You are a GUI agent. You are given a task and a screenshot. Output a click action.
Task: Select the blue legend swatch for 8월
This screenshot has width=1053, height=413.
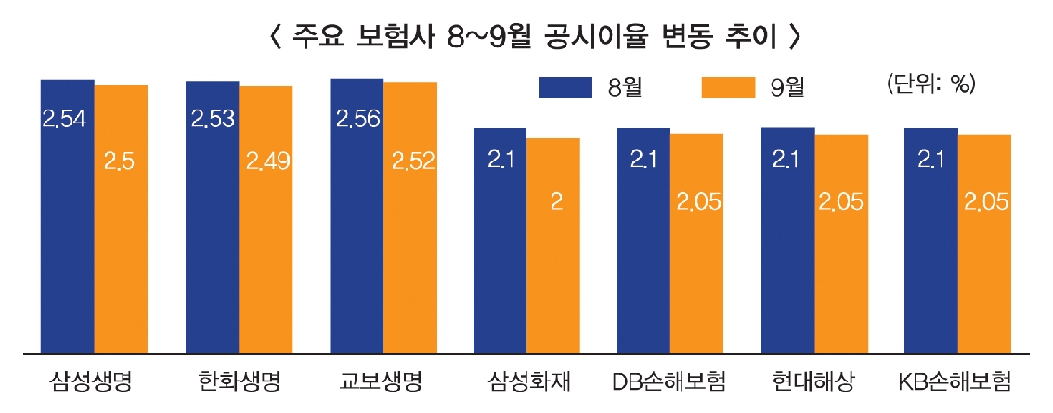click(x=565, y=86)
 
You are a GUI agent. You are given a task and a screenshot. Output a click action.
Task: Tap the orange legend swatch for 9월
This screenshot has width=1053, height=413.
click(x=728, y=86)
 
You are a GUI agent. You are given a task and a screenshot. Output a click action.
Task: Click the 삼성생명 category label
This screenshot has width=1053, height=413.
click(x=93, y=381)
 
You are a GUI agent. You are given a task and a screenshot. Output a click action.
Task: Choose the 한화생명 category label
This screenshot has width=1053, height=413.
click(x=239, y=381)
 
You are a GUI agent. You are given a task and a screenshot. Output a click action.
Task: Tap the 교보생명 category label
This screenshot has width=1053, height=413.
click(x=383, y=381)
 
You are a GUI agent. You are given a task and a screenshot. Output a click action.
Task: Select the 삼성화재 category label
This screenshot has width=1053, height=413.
click(x=528, y=381)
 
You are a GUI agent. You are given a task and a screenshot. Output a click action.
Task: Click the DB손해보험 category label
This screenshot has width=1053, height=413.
click(x=669, y=381)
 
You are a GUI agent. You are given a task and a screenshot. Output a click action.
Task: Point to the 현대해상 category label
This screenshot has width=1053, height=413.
click(x=813, y=381)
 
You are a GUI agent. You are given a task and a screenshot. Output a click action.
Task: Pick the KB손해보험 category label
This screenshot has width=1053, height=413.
click(x=956, y=381)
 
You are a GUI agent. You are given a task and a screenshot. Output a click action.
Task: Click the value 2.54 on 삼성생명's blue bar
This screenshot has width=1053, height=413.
click(x=66, y=119)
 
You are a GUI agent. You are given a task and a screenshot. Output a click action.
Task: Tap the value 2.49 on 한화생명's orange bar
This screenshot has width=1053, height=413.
click(x=267, y=161)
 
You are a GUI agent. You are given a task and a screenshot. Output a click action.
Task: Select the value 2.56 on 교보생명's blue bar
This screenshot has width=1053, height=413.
click(x=357, y=119)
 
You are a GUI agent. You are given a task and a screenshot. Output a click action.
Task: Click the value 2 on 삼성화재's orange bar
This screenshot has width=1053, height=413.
click(x=555, y=201)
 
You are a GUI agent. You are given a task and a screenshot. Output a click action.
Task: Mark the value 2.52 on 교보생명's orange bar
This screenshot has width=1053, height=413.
click(x=412, y=161)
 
